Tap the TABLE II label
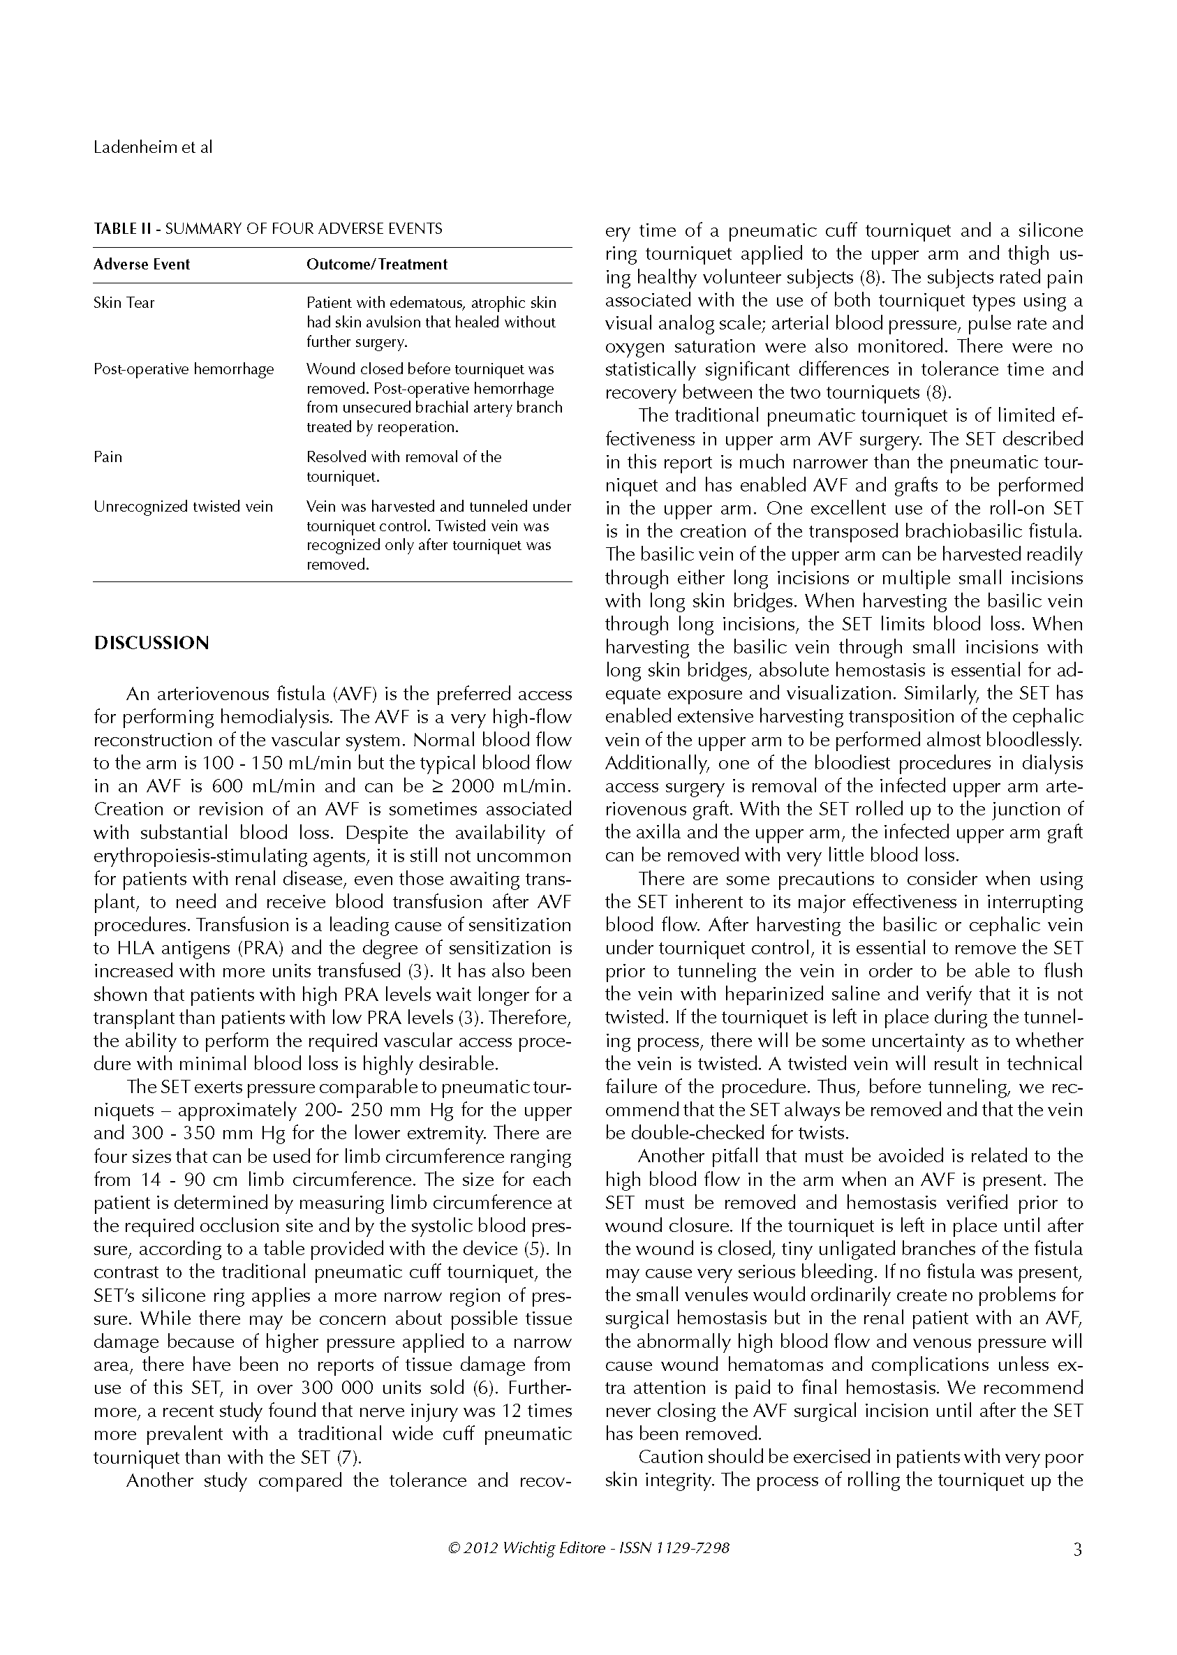[x=122, y=229]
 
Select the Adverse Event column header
[x=141, y=265]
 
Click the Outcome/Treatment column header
[x=377, y=265]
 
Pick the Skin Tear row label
[x=124, y=303]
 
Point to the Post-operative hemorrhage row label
[x=184, y=369]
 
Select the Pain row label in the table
[x=108, y=457]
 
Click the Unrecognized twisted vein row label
[x=183, y=507]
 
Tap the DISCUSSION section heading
[x=151, y=644]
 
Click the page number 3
[x=1077, y=1550]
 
